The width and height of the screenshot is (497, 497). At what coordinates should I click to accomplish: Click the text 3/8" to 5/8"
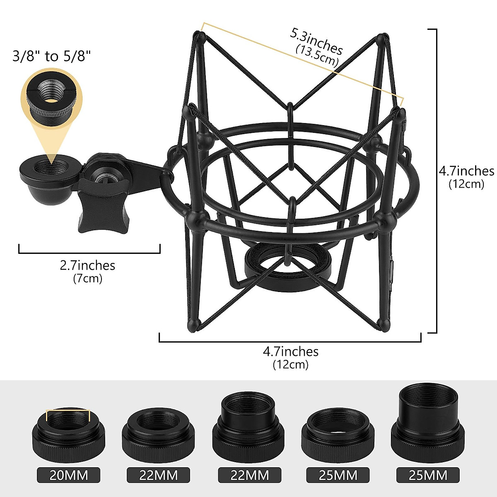[51, 55]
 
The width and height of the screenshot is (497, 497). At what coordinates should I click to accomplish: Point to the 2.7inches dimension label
[87, 265]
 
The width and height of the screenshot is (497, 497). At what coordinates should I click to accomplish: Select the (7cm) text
[87, 278]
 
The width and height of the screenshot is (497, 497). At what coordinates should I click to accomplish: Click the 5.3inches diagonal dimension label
[316, 41]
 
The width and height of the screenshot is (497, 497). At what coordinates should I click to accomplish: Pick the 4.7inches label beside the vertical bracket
[466, 171]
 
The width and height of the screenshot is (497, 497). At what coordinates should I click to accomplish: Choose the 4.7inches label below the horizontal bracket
[291, 352]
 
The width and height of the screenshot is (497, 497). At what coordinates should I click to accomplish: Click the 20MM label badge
[69, 475]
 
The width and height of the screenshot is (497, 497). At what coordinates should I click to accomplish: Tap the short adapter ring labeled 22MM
[158, 435]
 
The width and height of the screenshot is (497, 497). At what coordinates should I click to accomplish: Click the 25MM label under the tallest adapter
[428, 475]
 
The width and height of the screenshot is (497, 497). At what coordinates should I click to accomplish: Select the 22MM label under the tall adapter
[249, 475]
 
